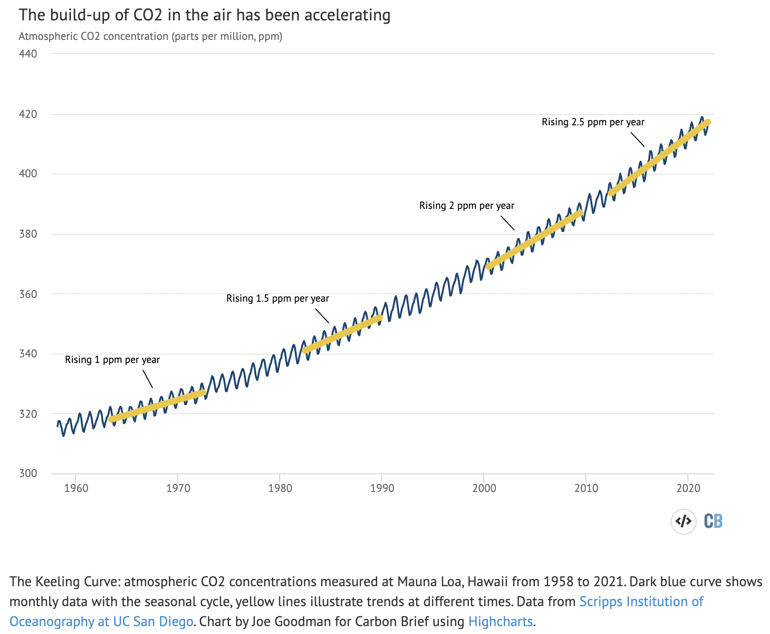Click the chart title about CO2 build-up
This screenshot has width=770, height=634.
pyautogui.click(x=205, y=15)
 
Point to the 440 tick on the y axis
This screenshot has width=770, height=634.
pyautogui.click(x=28, y=54)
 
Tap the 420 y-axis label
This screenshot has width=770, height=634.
pyautogui.click(x=28, y=114)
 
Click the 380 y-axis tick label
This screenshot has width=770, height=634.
pyautogui.click(x=28, y=234)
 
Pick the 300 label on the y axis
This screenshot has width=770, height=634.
pyautogui.click(x=28, y=473)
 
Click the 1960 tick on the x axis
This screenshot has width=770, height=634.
pyautogui.click(x=76, y=488)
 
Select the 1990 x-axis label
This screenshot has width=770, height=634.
pyautogui.click(x=382, y=488)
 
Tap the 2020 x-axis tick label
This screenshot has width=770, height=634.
pyautogui.click(x=688, y=488)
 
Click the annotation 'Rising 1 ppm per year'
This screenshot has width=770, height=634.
pyautogui.click(x=112, y=360)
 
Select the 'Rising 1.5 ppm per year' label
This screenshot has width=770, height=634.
pyautogui.click(x=278, y=298)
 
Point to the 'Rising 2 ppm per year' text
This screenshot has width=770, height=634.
pyautogui.click(x=467, y=206)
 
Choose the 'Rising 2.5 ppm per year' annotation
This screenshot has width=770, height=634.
pyautogui.click(x=593, y=122)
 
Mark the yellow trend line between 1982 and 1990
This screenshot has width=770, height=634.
pyautogui.click(x=342, y=334)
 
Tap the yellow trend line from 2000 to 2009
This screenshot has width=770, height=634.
pyautogui.click(x=534, y=239)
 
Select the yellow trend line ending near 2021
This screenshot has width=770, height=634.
pyautogui.click(x=659, y=158)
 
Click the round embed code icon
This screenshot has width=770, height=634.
pyautogui.click(x=684, y=521)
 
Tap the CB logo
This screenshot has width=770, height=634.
pyautogui.click(x=713, y=521)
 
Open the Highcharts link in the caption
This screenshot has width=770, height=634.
pyautogui.click(x=500, y=621)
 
